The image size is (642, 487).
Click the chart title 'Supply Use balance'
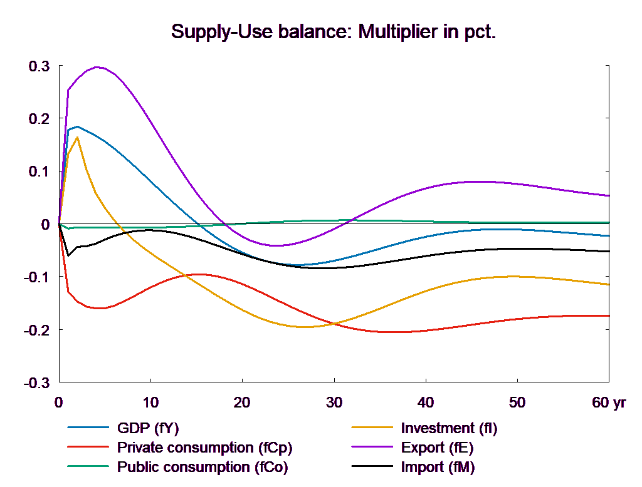coord(333,32)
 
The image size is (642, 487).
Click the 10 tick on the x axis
coord(150,402)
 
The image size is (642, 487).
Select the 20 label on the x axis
coord(242,402)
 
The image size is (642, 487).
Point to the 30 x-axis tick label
coord(334,402)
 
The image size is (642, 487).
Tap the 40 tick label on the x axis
coord(425,402)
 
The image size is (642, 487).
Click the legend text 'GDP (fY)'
coord(148,429)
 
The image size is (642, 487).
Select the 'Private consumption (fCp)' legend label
coord(204,448)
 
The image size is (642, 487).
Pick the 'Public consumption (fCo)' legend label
coord(203,467)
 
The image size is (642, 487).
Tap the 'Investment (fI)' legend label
coord(449,429)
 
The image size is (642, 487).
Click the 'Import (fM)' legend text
coord(438,467)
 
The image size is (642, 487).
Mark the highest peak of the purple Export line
coord(97,66)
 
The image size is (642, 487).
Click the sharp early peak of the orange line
coord(78,137)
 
